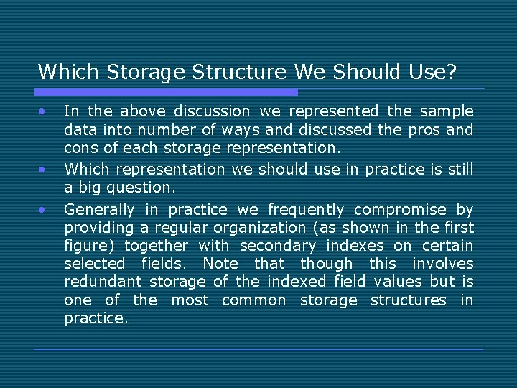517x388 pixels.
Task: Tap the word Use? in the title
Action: click(431, 72)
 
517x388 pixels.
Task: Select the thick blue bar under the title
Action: click(167, 92)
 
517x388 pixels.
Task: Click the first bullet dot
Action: click(43, 111)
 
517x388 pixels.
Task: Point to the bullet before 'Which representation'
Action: click(43, 170)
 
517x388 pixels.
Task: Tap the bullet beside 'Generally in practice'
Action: click(43, 210)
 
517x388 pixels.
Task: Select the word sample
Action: click(447, 111)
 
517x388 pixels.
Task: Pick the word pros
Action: click(419, 130)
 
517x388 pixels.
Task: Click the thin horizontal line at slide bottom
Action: click(258, 350)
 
